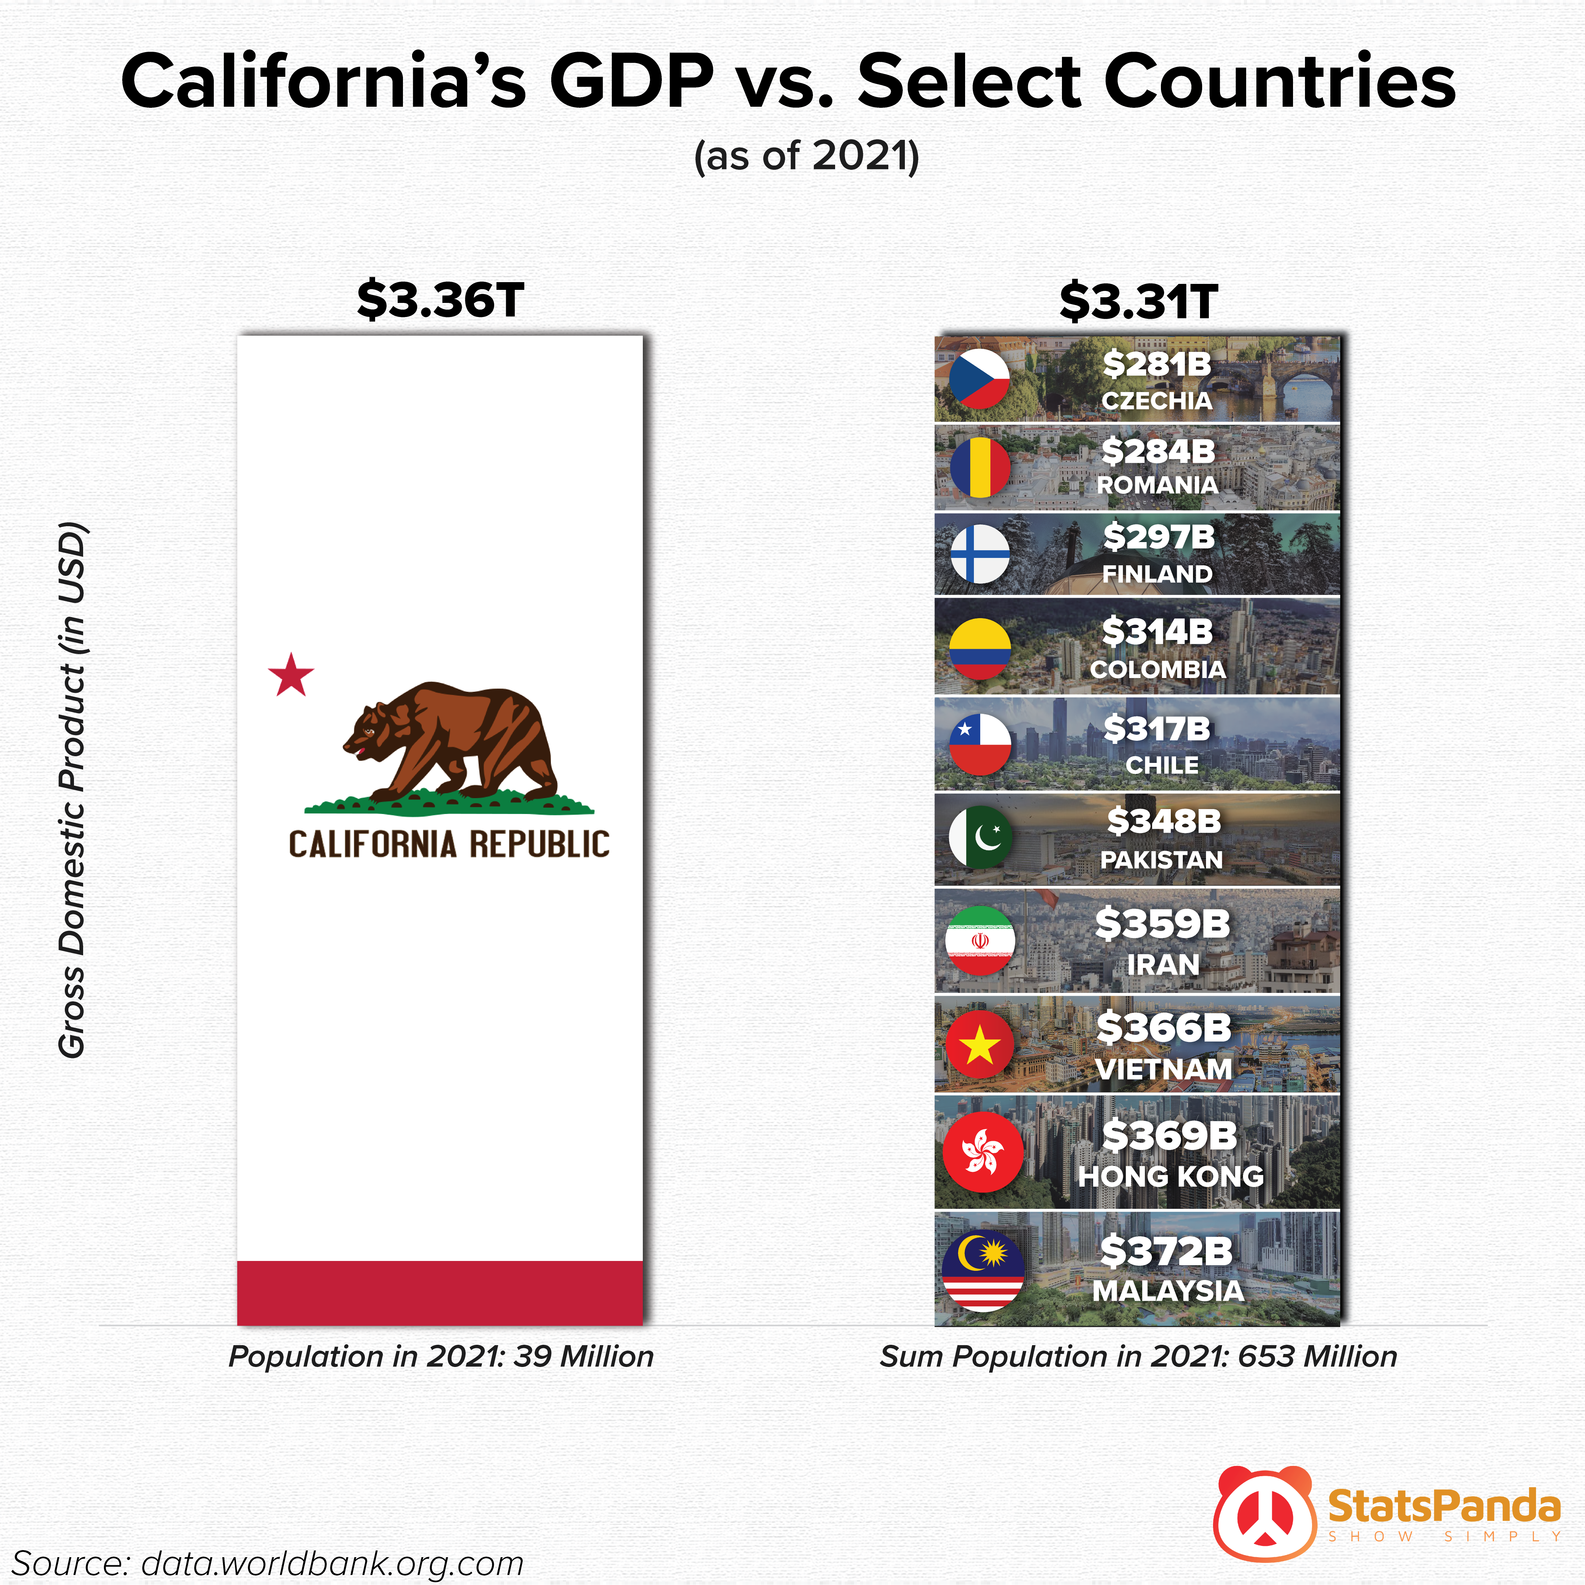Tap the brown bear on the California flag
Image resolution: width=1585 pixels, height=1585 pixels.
[451, 738]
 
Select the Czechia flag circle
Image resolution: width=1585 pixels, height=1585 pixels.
[980, 379]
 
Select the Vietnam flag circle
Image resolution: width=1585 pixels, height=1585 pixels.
[980, 1045]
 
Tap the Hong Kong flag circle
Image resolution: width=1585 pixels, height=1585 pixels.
[983, 1151]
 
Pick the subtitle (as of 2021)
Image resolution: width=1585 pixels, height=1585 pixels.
[807, 156]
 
